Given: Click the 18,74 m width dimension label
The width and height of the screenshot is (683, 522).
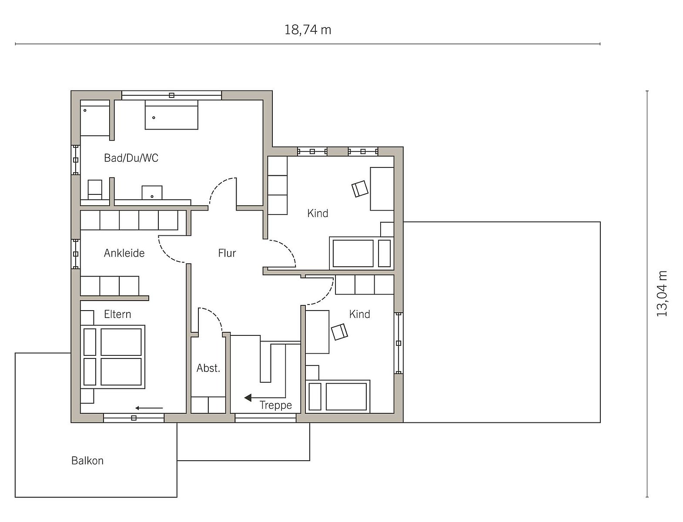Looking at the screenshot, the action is [x=308, y=30].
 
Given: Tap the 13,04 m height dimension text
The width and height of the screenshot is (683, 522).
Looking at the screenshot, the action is [x=662, y=294].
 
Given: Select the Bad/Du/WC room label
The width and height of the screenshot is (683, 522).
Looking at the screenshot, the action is [x=131, y=158].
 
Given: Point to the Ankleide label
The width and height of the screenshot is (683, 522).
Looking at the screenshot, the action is [x=124, y=253].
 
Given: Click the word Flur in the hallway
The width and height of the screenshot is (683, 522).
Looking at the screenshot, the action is [x=227, y=253].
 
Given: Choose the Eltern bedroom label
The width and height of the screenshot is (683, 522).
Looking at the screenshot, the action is [x=117, y=314].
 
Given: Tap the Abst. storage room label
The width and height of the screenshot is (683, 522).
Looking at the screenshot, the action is [x=208, y=368].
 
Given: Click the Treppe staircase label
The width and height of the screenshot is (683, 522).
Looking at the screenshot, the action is [x=276, y=405].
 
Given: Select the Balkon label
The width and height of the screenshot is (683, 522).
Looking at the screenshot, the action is [x=87, y=461].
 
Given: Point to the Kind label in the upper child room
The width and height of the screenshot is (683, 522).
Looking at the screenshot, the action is [x=318, y=214].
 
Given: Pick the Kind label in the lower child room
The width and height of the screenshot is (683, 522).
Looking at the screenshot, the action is [x=359, y=314].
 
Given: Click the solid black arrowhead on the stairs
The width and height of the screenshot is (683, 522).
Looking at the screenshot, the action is [x=248, y=398].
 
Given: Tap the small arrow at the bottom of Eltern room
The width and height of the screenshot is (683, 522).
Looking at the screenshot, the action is [x=149, y=408].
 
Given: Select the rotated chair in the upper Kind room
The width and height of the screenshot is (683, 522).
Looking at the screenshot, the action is [x=360, y=189].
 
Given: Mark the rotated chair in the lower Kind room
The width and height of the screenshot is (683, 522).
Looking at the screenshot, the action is [x=339, y=332].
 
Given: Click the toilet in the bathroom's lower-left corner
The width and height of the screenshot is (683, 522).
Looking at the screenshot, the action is [x=94, y=190].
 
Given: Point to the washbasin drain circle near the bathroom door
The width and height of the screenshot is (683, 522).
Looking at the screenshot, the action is [x=152, y=197].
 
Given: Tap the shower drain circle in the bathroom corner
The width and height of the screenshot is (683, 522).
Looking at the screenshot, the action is [x=85, y=110].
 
